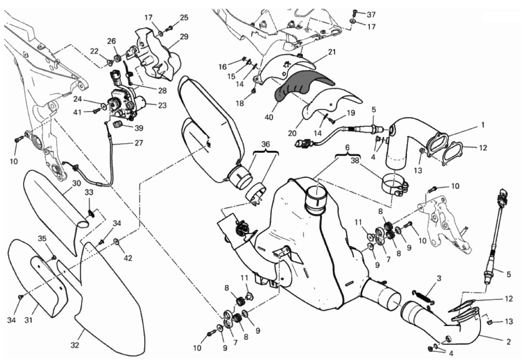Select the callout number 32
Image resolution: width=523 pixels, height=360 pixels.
[75, 345]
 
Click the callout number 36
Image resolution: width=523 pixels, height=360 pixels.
[266, 144]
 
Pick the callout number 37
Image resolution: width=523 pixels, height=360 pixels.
[371, 14]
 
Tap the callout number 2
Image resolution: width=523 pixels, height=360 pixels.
[508, 342]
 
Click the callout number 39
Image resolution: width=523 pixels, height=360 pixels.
[139, 128]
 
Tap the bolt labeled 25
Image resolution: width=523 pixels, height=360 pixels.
[169, 29]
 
